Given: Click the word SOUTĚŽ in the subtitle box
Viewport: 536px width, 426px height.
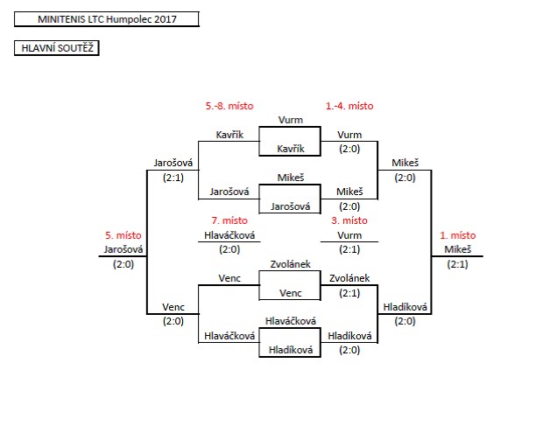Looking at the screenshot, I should pyautogui.click(x=75, y=49).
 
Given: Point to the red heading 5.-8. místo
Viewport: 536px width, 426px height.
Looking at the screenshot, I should pyautogui.click(x=229, y=106).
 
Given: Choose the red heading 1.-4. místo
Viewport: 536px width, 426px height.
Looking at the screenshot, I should pyautogui.click(x=349, y=106).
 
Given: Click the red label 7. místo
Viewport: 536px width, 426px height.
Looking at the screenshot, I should pyautogui.click(x=229, y=220).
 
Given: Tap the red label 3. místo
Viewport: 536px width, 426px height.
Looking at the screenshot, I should pyautogui.click(x=349, y=220).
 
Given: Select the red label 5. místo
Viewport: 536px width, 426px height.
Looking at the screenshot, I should pyautogui.click(x=123, y=235).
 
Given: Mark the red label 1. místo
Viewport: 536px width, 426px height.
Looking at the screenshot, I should pyautogui.click(x=456, y=235).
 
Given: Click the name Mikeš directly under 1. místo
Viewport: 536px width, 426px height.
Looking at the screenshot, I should pyautogui.click(x=456, y=249).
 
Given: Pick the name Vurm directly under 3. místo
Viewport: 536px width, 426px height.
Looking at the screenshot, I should pyautogui.click(x=349, y=234).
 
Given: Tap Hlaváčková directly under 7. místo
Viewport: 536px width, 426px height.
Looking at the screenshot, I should pyautogui.click(x=229, y=234).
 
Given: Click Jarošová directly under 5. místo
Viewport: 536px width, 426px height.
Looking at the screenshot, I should pyautogui.click(x=123, y=249).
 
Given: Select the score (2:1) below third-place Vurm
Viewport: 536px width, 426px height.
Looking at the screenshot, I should pyautogui.click(x=349, y=249).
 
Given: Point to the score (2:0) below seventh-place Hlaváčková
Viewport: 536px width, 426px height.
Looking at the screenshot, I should pyautogui.click(x=229, y=249).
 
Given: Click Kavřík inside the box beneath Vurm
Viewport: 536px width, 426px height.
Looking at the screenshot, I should pyautogui.click(x=290, y=149).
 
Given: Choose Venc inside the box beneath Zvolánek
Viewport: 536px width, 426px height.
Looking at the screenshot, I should pyautogui.click(x=290, y=293).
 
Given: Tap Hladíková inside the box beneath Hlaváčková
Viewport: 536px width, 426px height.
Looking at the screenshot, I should pyautogui.click(x=290, y=350).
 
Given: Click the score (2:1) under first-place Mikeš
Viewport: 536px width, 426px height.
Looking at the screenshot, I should pyautogui.click(x=456, y=263).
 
